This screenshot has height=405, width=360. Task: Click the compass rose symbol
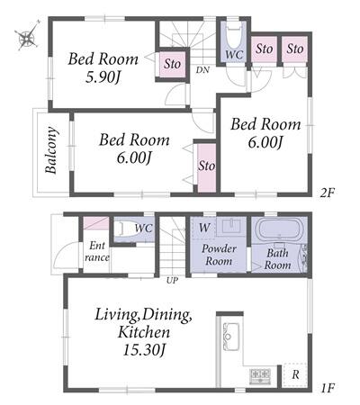[x=27, y=37]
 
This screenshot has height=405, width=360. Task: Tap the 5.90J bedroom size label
[x=103, y=77]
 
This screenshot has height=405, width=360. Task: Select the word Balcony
[x=51, y=150]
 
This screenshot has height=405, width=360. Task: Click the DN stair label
[x=202, y=70]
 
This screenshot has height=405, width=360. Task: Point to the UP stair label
[x=172, y=281]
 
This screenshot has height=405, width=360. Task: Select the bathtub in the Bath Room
[x=279, y=229]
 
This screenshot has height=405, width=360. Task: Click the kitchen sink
[x=230, y=337]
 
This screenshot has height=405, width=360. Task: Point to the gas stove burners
[x=260, y=375]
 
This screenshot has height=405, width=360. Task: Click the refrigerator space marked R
[x=295, y=374]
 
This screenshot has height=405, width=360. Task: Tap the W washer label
[x=204, y=228]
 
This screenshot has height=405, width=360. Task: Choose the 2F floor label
[x=327, y=193]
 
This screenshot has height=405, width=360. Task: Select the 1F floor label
[x=327, y=389]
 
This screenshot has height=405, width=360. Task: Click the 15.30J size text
[x=144, y=350]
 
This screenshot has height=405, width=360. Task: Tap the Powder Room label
[x=219, y=255]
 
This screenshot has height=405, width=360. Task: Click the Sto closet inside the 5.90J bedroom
[x=172, y=64]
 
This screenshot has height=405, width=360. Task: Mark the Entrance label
[x=97, y=252]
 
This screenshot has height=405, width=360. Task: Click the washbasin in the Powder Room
[x=231, y=226]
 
